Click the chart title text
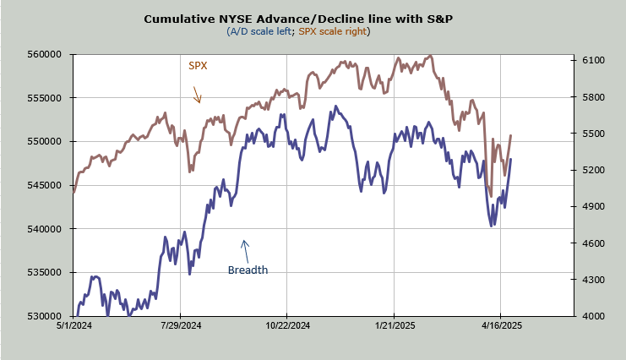pyautogui.click(x=298, y=18)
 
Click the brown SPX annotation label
pyautogui.click(x=198, y=65)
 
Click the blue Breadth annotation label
pyautogui.click(x=248, y=270)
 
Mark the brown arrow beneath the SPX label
pyautogui.click(x=197, y=95)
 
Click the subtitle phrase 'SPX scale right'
pyautogui.click(x=333, y=31)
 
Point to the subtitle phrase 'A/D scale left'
pyautogui.click(x=259, y=31)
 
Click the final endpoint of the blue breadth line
pyautogui.click(x=510, y=159)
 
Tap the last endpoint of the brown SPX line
pyautogui.click(x=510, y=135)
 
